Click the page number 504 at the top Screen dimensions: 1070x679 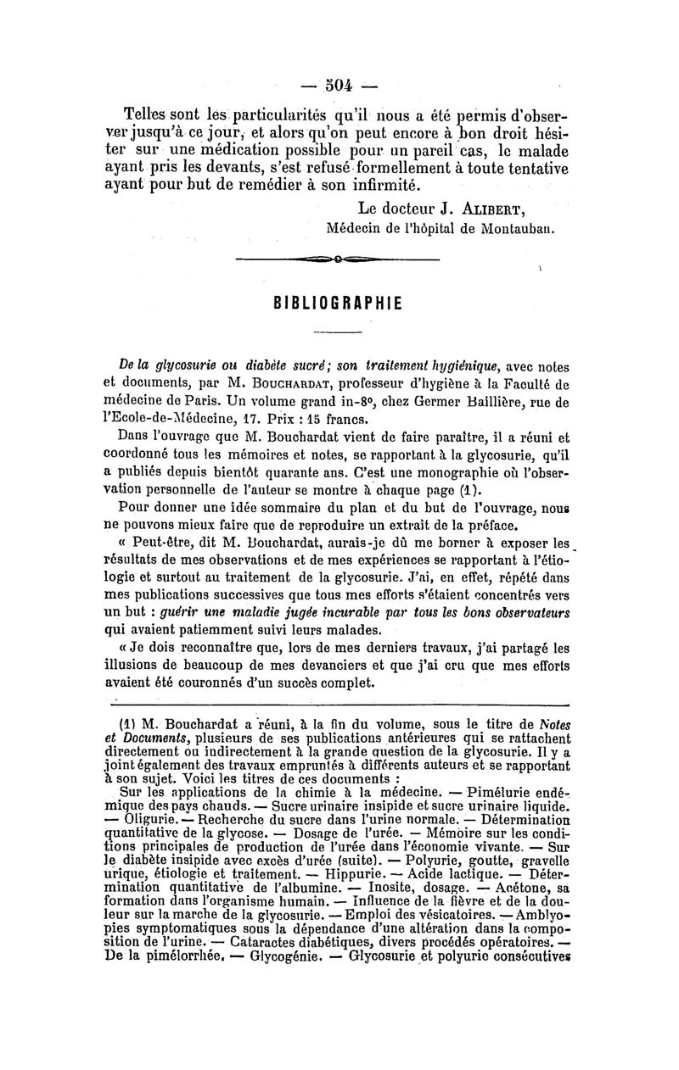pos(339,85)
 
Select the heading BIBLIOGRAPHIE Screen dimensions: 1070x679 pos(339,304)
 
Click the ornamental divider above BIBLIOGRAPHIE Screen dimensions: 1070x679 pos(337,259)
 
